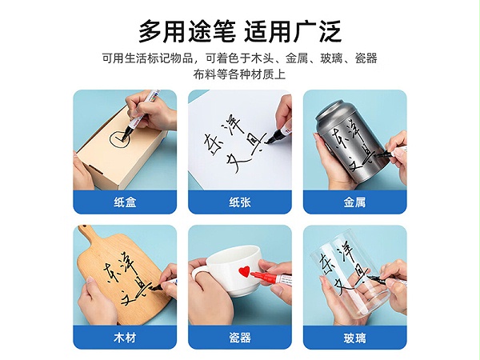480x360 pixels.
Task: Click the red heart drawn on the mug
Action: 244,271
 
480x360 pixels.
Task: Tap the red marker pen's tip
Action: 253,273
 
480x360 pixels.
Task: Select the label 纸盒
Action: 125,202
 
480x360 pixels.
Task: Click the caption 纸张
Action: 240,202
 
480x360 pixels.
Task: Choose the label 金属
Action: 354,202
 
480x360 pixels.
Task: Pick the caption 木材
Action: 125,338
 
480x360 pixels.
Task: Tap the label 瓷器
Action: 240,338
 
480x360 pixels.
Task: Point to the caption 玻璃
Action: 354,338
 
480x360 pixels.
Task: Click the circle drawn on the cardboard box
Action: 111,140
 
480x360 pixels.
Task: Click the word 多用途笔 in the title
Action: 187,31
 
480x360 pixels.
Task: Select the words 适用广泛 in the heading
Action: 293,31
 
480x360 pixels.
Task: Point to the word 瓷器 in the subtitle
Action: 366,58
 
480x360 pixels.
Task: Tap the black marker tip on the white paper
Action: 269,141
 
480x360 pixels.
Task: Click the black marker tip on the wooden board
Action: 157,288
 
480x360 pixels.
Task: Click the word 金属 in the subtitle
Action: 297,58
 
